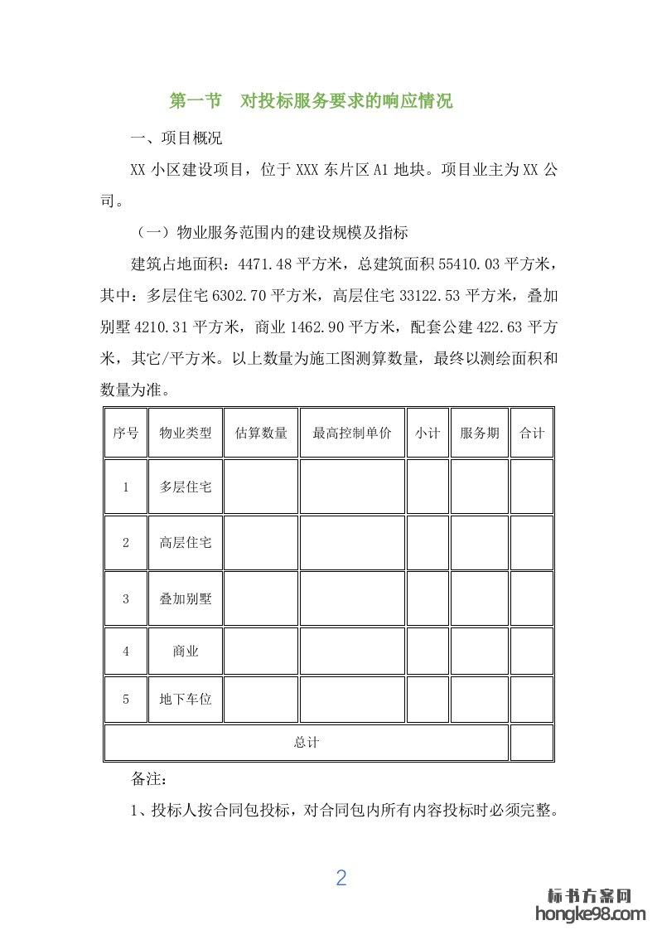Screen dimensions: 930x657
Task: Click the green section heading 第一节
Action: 196,102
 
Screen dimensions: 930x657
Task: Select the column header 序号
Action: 126,433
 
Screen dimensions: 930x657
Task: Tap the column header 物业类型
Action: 186,433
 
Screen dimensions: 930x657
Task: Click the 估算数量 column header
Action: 261,433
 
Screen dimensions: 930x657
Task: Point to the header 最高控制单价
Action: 352,433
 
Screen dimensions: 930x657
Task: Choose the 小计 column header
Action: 428,433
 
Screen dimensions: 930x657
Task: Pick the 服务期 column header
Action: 480,433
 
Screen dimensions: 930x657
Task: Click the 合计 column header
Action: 532,433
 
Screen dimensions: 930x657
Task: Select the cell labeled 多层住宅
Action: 186,487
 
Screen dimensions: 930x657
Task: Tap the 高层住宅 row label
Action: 186,543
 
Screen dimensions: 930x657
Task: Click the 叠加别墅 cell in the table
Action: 186,598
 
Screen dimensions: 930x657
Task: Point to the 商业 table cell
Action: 186,651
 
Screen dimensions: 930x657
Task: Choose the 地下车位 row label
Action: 186,700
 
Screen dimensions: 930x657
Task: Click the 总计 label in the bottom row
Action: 306,743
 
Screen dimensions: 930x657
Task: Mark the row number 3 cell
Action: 126,598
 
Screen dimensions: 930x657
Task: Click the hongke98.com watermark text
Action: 590,913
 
